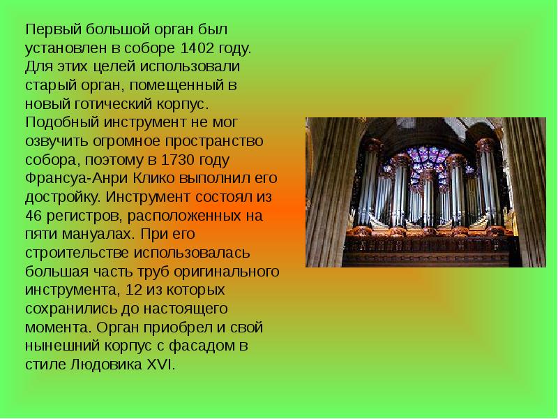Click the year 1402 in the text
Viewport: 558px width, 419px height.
pos(197,48)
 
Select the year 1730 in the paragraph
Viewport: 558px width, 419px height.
pos(178,160)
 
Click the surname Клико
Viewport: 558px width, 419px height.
pos(153,179)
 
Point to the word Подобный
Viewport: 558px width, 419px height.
pos(62,123)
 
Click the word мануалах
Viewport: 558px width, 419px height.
pos(98,235)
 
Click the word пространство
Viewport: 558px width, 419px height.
pos(214,142)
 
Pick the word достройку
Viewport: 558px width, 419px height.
pos(63,198)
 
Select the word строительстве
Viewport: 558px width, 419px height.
pos(77,253)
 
